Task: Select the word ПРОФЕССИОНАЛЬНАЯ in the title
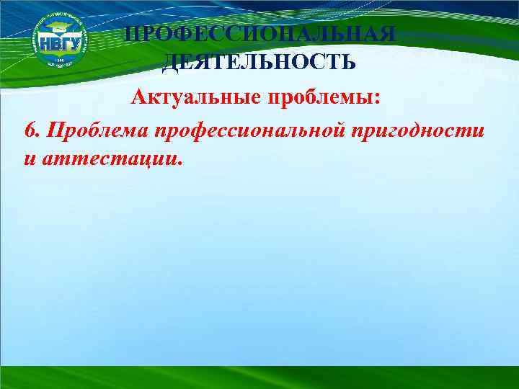point(259,35)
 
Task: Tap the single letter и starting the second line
point(28,158)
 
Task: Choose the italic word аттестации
point(105,158)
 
